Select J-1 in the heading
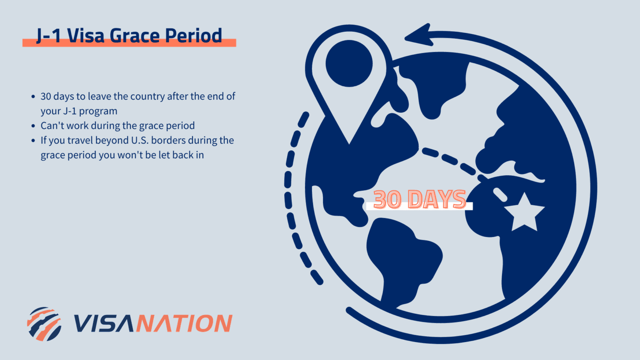49,35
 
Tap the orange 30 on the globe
388,200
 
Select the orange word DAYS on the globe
437,200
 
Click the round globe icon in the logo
44,324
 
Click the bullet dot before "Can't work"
33,126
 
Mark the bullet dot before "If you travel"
33,141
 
